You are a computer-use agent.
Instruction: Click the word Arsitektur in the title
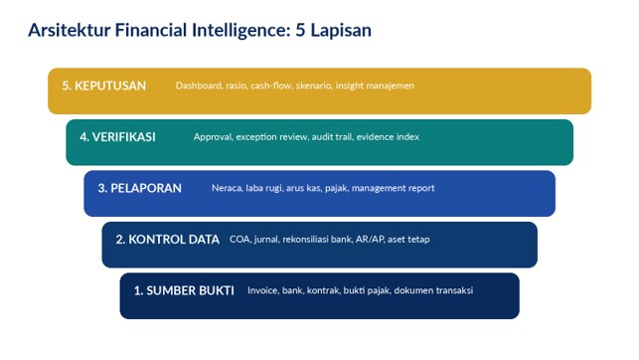pyautogui.click(x=70, y=30)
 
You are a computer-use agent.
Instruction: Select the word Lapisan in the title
pyautogui.click(x=341, y=31)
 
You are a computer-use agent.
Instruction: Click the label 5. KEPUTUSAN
pyautogui.click(x=104, y=86)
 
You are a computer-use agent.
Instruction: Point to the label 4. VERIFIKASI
pyautogui.click(x=118, y=137)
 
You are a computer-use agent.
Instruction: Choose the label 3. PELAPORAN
pyautogui.click(x=140, y=188)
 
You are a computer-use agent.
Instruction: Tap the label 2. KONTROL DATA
pyautogui.click(x=168, y=240)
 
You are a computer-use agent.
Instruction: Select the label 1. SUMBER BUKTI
pyautogui.click(x=184, y=290)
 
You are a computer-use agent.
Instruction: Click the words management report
pyautogui.click(x=394, y=188)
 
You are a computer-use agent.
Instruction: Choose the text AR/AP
pyautogui.click(x=370, y=240)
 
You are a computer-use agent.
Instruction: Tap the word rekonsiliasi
pyautogui.click(x=306, y=240)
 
